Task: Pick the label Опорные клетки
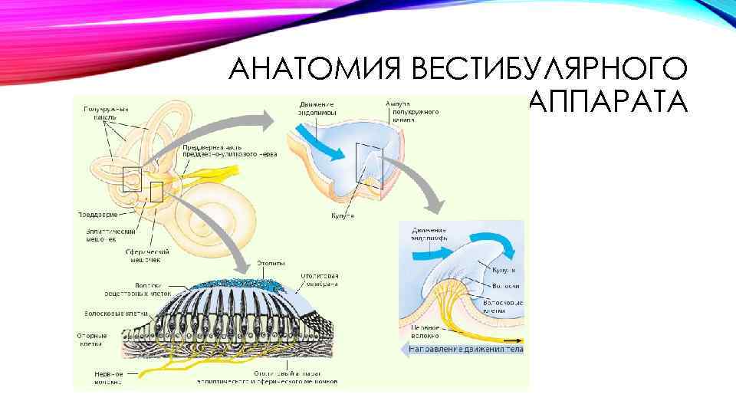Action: (97, 340)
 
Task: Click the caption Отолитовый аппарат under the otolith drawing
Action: (268, 376)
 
